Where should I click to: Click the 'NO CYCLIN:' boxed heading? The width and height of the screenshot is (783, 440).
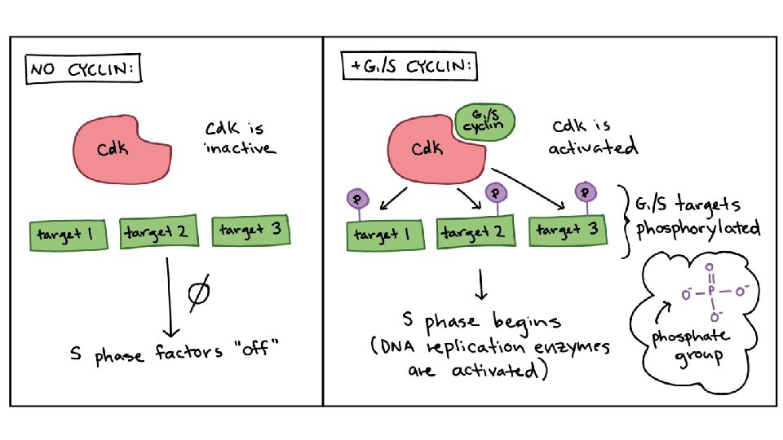82,71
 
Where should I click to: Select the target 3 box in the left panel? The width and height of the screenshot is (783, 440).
252,231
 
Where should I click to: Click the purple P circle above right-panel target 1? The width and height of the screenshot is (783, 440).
356,197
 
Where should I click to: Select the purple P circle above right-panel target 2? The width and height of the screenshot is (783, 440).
496,192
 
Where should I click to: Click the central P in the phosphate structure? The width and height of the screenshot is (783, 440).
709,290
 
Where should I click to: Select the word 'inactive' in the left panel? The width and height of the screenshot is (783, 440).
241,149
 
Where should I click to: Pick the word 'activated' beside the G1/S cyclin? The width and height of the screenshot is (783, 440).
593,149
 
